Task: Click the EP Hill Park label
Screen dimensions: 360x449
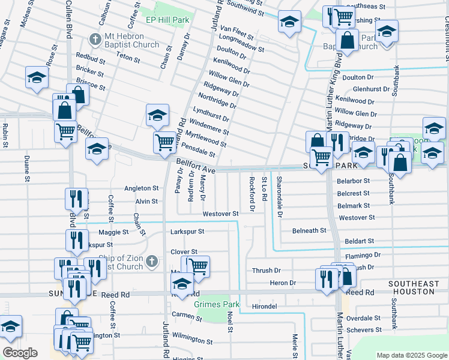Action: pos(167,20)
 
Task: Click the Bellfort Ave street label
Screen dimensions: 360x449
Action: pos(195,163)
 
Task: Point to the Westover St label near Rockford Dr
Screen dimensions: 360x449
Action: pos(220,214)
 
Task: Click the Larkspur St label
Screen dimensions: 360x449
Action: pos(187,231)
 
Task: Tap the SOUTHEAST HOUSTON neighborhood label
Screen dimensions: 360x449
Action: pos(411,287)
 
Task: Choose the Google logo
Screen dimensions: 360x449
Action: pos(20,352)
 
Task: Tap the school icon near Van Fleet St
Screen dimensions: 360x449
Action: pos(289,22)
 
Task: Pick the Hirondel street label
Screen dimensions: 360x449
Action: pos(264,306)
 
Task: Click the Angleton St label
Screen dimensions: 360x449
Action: pos(141,188)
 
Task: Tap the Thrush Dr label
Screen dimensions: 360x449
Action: pos(267,271)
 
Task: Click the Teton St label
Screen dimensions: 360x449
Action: pos(128,60)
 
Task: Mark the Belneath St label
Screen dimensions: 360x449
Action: pos(309,230)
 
